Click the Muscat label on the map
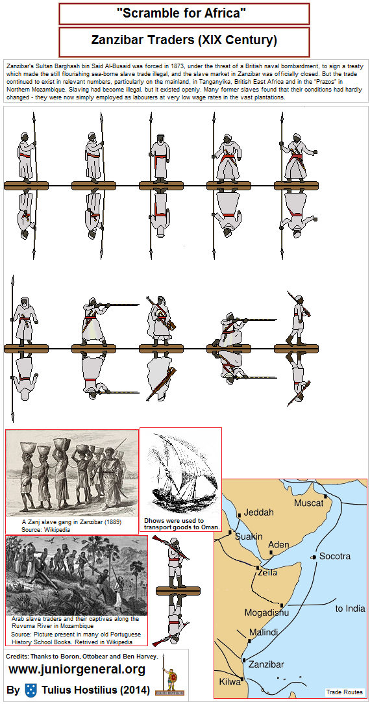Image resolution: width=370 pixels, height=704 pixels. pos(308,503)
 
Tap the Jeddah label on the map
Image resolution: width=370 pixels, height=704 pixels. pos(259,512)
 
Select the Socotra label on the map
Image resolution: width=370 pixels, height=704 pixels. pos(335,557)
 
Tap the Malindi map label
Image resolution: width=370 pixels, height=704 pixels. pos(264,632)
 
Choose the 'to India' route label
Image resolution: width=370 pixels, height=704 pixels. pos(350,609)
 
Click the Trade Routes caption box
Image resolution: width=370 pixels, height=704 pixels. pos(344,692)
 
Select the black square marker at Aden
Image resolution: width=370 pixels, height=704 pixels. pos(271,553)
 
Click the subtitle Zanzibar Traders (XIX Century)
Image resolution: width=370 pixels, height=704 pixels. pos(184,40)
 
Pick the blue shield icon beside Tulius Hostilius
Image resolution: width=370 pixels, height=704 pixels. pos(30,689)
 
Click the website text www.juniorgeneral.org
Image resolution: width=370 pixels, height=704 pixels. pos(77,669)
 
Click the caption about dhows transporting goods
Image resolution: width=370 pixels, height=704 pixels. pos(181,524)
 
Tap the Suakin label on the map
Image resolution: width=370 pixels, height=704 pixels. pos(249,536)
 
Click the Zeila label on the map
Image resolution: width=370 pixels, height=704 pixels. pos(267,572)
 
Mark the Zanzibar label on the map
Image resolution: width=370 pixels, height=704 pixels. pos(265,664)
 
